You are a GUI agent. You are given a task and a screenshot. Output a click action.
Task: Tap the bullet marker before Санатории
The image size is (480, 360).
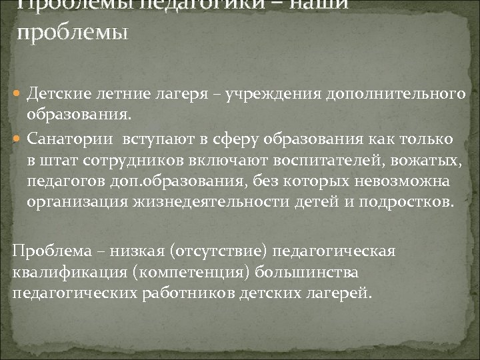[18, 139]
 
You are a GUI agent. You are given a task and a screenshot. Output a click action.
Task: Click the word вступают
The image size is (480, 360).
[151, 139]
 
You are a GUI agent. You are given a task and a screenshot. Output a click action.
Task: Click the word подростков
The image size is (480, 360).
[405, 203]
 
